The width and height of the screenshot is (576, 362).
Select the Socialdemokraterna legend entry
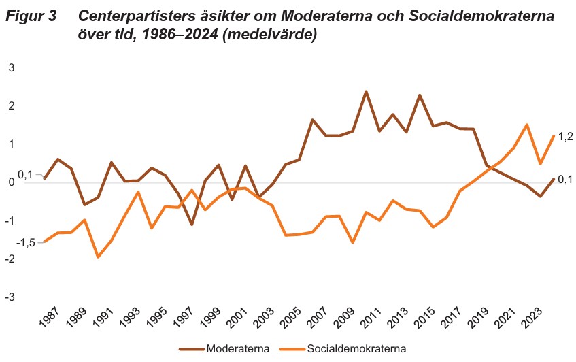[357, 349]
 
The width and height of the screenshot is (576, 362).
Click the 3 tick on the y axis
[11, 67]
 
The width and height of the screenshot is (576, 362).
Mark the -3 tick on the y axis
[10, 298]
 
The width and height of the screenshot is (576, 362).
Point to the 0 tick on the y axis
[11, 183]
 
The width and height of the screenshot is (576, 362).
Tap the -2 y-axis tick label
[10, 260]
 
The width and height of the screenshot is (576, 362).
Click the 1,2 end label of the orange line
[565, 137]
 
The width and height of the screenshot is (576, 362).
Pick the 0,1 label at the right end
[565, 179]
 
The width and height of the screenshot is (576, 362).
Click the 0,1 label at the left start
[25, 175]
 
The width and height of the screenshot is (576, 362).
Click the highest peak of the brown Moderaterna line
[366, 91]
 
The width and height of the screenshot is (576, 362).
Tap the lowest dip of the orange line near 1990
[98, 257]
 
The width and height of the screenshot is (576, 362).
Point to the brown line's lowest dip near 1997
[192, 225]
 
